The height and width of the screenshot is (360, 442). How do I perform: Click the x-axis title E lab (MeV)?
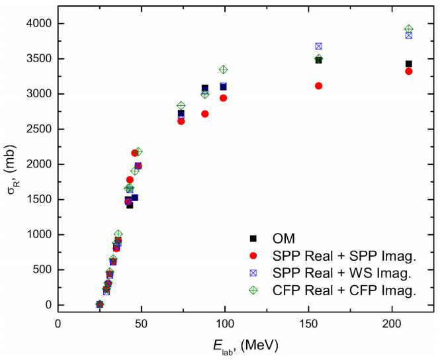click(245, 345)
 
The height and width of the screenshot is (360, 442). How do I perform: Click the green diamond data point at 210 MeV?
click(409, 29)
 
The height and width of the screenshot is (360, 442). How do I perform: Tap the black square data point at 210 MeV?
click(409, 64)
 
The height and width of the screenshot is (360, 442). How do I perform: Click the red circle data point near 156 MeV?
click(319, 85)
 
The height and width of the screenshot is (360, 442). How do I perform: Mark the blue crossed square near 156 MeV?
click(319, 46)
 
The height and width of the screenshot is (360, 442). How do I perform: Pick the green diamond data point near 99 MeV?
click(224, 69)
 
